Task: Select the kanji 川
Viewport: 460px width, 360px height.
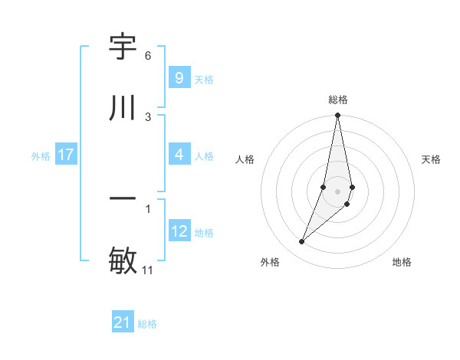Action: pos(123,106)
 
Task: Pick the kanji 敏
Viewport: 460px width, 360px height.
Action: pos(123,260)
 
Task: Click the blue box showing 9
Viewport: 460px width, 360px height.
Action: pos(179,77)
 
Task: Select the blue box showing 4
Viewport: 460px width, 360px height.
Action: pos(179,155)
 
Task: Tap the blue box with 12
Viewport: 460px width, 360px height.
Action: pos(179,231)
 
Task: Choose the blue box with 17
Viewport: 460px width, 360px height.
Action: pos(66,155)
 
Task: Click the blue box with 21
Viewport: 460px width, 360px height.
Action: pos(123,322)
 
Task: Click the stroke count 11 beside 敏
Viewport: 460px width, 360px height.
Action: pos(148,270)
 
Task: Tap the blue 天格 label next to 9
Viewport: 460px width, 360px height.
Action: pos(204,79)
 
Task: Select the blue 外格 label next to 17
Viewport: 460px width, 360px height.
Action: pos(41,156)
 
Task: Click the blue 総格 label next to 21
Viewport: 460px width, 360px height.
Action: pos(147,324)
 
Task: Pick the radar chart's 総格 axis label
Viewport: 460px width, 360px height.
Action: pos(338,100)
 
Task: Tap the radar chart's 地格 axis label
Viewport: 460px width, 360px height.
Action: pos(402,263)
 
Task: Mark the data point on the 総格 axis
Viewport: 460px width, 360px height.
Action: pos(337,116)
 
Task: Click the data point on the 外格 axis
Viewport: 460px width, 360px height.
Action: pos(301,242)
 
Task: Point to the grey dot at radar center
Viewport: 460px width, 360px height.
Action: pos(337,191)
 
